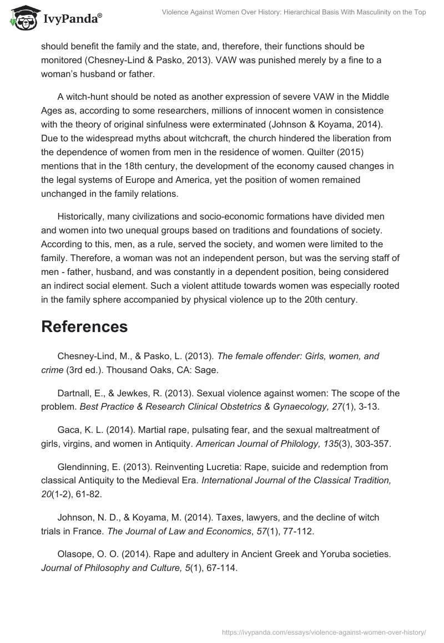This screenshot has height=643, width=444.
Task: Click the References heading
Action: point(84,326)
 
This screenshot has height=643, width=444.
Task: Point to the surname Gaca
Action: point(69,430)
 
